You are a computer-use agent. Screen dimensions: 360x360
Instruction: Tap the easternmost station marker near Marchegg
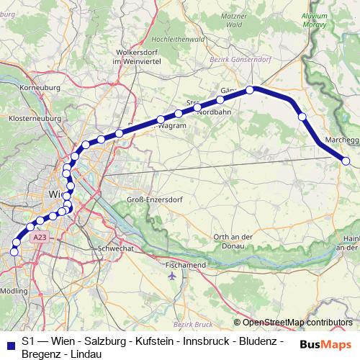[348, 162]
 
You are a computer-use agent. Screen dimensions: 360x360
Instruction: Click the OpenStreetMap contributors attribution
[292, 322]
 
